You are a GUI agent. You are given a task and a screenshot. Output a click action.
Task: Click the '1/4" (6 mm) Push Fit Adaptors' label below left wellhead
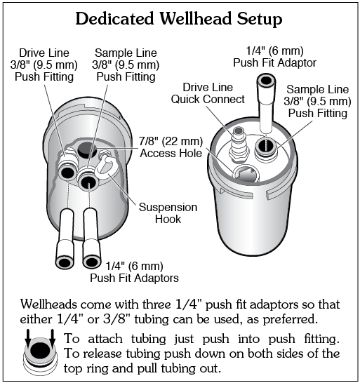point(134,272)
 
